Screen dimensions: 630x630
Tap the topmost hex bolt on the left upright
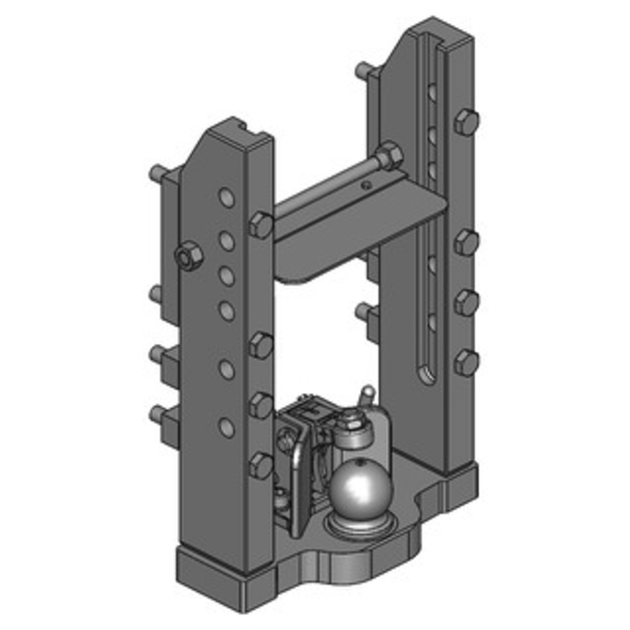pyautogui.click(x=261, y=224)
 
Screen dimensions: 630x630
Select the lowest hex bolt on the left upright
pyautogui.click(x=260, y=465)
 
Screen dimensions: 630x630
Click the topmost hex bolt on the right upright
pyautogui.click(x=466, y=122)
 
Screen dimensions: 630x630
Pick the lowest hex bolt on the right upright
pyautogui.click(x=466, y=362)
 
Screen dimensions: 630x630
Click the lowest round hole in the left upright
pyautogui.click(x=226, y=428)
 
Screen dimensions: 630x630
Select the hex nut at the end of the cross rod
pyautogui.click(x=389, y=155)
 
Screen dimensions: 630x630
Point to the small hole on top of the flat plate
pyautogui.click(x=365, y=186)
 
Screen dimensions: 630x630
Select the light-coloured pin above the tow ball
pyautogui.click(x=365, y=395)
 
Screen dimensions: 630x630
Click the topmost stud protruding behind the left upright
pyautogui.click(x=157, y=171)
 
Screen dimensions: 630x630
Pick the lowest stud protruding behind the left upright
pyautogui.click(x=157, y=412)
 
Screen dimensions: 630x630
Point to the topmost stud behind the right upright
pyautogui.click(x=364, y=69)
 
